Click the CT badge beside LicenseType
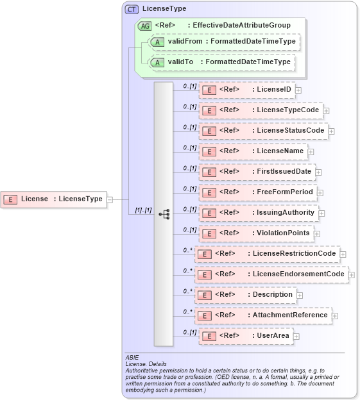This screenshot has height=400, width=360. (132, 9)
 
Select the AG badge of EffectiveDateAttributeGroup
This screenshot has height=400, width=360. (144, 26)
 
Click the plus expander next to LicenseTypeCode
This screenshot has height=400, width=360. (326, 111)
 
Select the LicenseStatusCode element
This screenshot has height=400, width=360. (262, 131)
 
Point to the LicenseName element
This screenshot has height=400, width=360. (253, 151)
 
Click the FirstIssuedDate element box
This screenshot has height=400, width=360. (256, 172)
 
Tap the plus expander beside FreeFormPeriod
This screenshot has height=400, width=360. (320, 193)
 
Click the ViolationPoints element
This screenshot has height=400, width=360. (256, 233)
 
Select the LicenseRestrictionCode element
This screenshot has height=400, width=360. (266, 254)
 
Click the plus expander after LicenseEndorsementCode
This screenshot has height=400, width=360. (352, 275)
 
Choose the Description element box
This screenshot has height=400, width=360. (245, 295)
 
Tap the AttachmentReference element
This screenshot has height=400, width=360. (262, 315)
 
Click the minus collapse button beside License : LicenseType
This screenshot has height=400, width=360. (110, 199)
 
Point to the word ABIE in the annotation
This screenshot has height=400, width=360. (132, 357)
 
